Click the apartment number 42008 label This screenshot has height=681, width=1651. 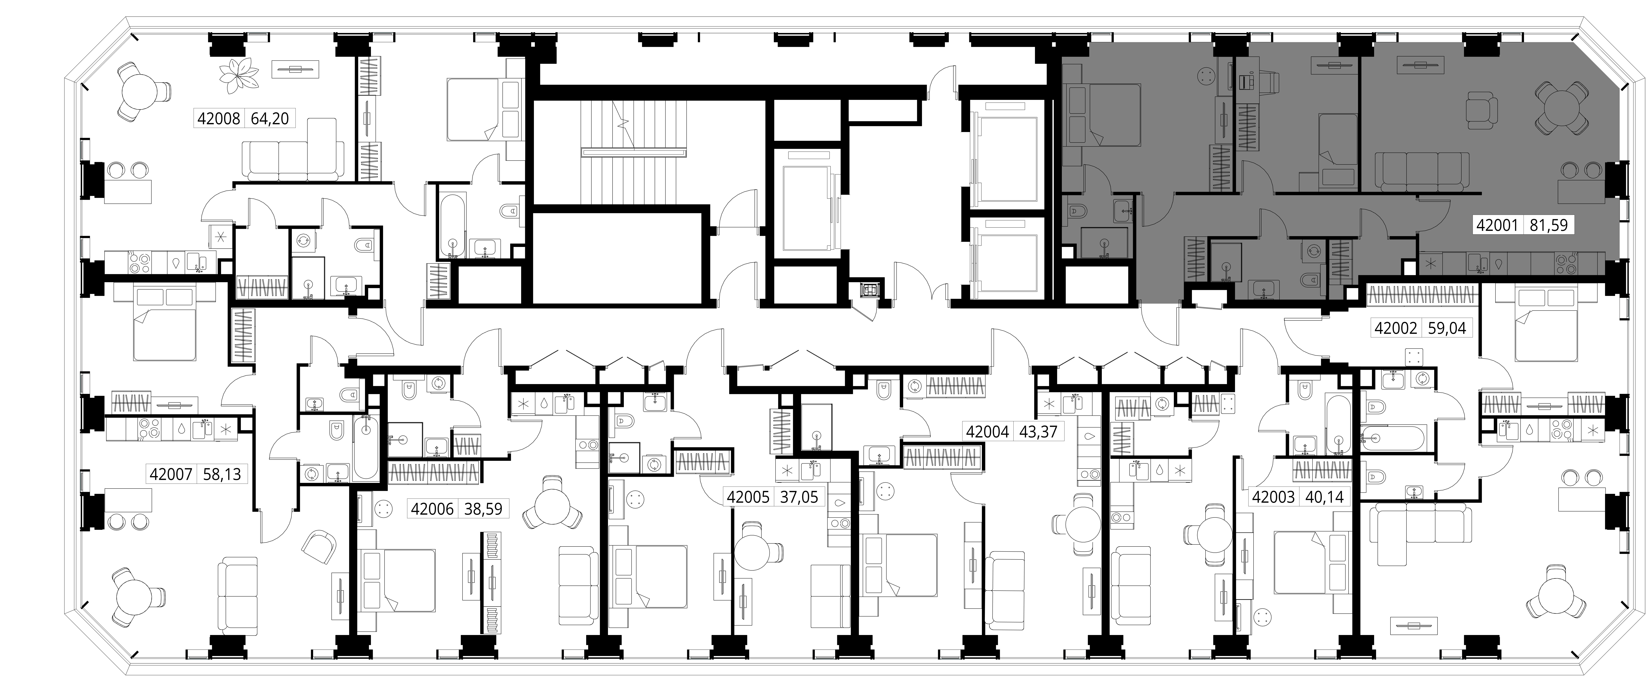click(219, 119)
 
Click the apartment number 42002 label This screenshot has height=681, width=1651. click(1395, 328)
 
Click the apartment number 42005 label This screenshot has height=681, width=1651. click(747, 497)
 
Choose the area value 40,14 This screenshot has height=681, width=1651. click(1324, 497)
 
